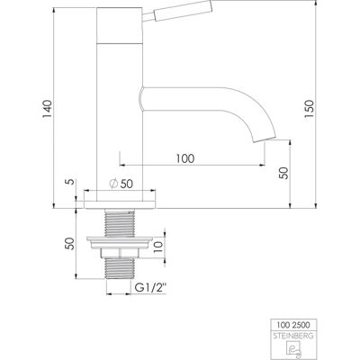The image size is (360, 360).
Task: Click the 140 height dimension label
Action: point(47,109)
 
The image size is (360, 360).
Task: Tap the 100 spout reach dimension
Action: point(185,158)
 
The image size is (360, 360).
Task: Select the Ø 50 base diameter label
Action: point(121,184)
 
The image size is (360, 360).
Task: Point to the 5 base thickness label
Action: point(69,182)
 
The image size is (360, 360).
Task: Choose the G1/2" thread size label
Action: point(150,288)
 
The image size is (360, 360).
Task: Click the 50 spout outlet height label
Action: point(283,173)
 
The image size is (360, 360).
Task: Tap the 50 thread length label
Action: point(69,244)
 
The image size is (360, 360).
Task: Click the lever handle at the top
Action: point(177,12)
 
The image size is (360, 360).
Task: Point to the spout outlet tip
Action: point(265,139)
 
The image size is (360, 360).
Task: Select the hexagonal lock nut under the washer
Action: point(120,253)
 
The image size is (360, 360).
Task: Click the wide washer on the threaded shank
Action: point(120,243)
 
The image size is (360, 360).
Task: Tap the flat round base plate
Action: point(120,204)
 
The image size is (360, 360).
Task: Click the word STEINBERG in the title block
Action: point(294,336)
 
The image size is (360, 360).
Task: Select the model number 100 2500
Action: point(293,325)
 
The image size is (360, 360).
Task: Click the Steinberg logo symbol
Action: point(293,349)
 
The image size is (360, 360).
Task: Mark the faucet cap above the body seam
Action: point(120,25)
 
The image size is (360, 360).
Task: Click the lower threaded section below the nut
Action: point(119,269)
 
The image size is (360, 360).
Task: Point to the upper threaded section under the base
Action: point(120,224)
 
